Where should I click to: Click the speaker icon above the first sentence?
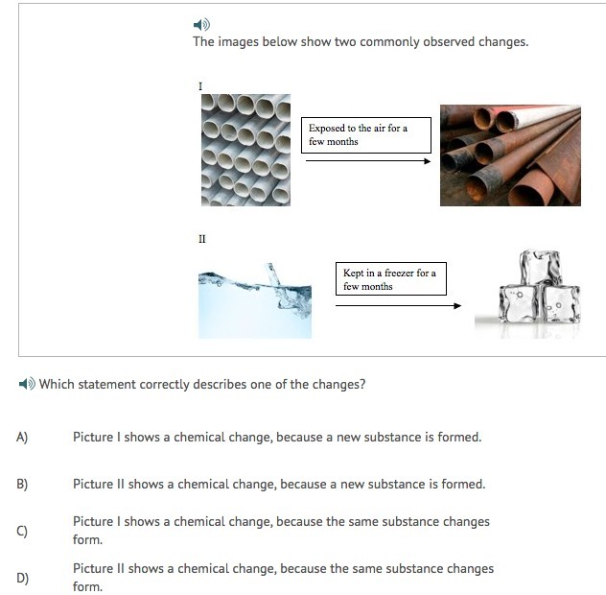[201, 25]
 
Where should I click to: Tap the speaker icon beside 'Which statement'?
[27, 384]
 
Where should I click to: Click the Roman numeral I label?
[200, 85]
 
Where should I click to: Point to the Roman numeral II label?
[202, 239]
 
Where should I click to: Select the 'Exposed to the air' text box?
[366, 135]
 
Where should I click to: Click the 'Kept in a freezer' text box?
[390, 278]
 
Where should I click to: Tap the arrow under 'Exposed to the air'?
[368, 161]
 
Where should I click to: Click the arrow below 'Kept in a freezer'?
[399, 305]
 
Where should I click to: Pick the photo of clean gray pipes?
[245, 150]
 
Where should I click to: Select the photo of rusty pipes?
[510, 155]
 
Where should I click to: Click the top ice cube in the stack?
[540, 268]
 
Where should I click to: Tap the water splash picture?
[255, 300]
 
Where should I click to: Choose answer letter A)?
[22, 438]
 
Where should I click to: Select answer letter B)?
[22, 484]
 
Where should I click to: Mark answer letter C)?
[22, 531]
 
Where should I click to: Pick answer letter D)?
[22, 578]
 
